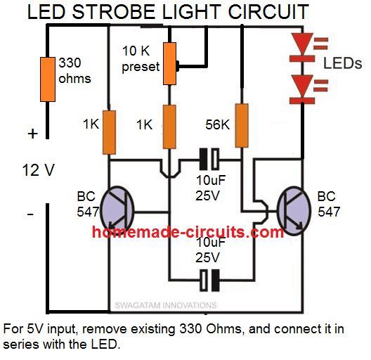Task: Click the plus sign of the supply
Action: point(31,133)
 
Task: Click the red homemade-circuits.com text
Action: point(187,232)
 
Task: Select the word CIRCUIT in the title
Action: point(270,12)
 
